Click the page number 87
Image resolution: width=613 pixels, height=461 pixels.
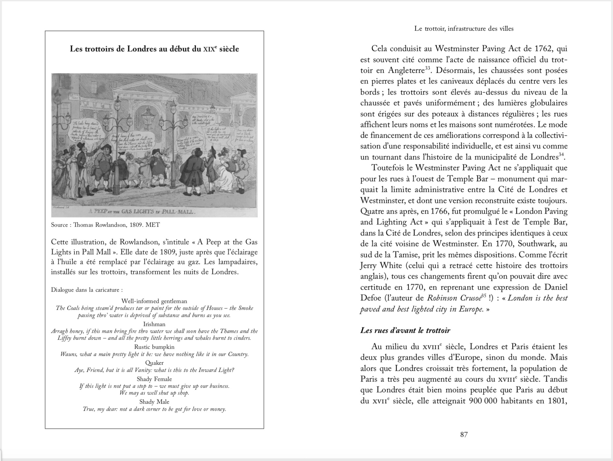point(464,434)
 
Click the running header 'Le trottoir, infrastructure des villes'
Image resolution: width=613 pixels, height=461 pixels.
point(464,29)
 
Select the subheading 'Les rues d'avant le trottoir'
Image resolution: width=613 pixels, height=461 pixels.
point(405,330)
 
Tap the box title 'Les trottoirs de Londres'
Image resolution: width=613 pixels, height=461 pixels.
point(154,49)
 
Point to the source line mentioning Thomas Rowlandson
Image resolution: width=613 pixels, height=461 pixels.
point(105,225)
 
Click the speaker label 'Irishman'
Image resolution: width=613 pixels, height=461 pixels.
point(154,324)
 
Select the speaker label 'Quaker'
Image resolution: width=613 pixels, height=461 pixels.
point(154,363)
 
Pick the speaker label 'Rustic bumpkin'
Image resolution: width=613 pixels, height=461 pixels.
point(154,347)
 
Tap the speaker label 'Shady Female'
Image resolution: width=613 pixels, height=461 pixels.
point(154,379)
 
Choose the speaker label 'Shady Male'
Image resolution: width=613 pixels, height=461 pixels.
point(154,402)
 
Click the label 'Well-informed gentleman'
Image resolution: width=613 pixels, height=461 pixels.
point(154,301)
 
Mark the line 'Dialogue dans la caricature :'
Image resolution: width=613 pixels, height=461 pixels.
point(87,290)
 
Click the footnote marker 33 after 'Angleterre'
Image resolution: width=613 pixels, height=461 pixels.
point(427,68)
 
